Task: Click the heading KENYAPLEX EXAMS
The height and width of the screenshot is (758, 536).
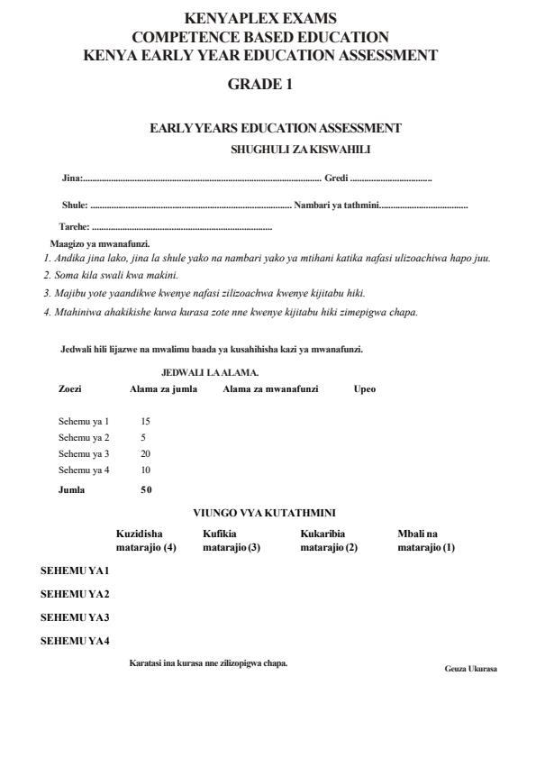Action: (260, 18)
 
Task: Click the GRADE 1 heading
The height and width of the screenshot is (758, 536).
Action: (260, 85)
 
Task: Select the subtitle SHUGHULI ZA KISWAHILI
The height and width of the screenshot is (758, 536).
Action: (301, 149)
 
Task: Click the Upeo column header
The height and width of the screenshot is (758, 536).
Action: (365, 389)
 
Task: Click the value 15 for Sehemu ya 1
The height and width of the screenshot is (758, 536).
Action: (146, 421)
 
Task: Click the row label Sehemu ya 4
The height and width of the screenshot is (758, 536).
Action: (84, 470)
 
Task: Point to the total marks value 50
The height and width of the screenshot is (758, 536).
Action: (146, 489)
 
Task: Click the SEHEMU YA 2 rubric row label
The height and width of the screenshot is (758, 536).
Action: (75, 594)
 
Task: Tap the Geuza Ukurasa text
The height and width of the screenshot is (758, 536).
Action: (470, 669)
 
